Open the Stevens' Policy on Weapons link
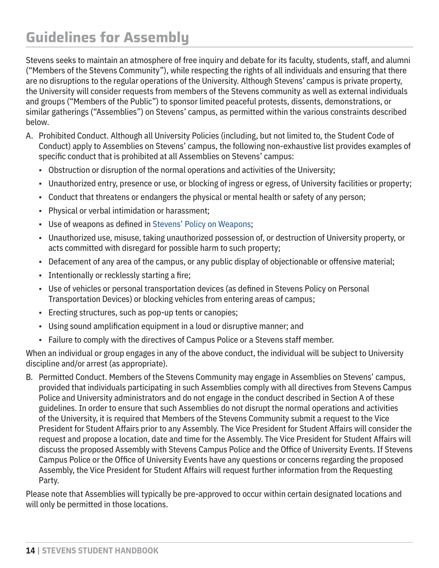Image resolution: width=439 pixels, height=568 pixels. [x=201, y=224]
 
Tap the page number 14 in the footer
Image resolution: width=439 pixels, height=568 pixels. [x=30, y=551]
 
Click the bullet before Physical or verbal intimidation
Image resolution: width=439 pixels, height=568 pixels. [x=41, y=211]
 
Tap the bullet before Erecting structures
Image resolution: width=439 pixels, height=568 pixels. [x=41, y=313]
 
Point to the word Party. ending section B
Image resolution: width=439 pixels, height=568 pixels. [x=49, y=481]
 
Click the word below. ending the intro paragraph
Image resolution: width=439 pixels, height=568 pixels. [x=37, y=122]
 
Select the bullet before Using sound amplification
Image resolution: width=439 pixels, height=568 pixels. [x=41, y=326]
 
